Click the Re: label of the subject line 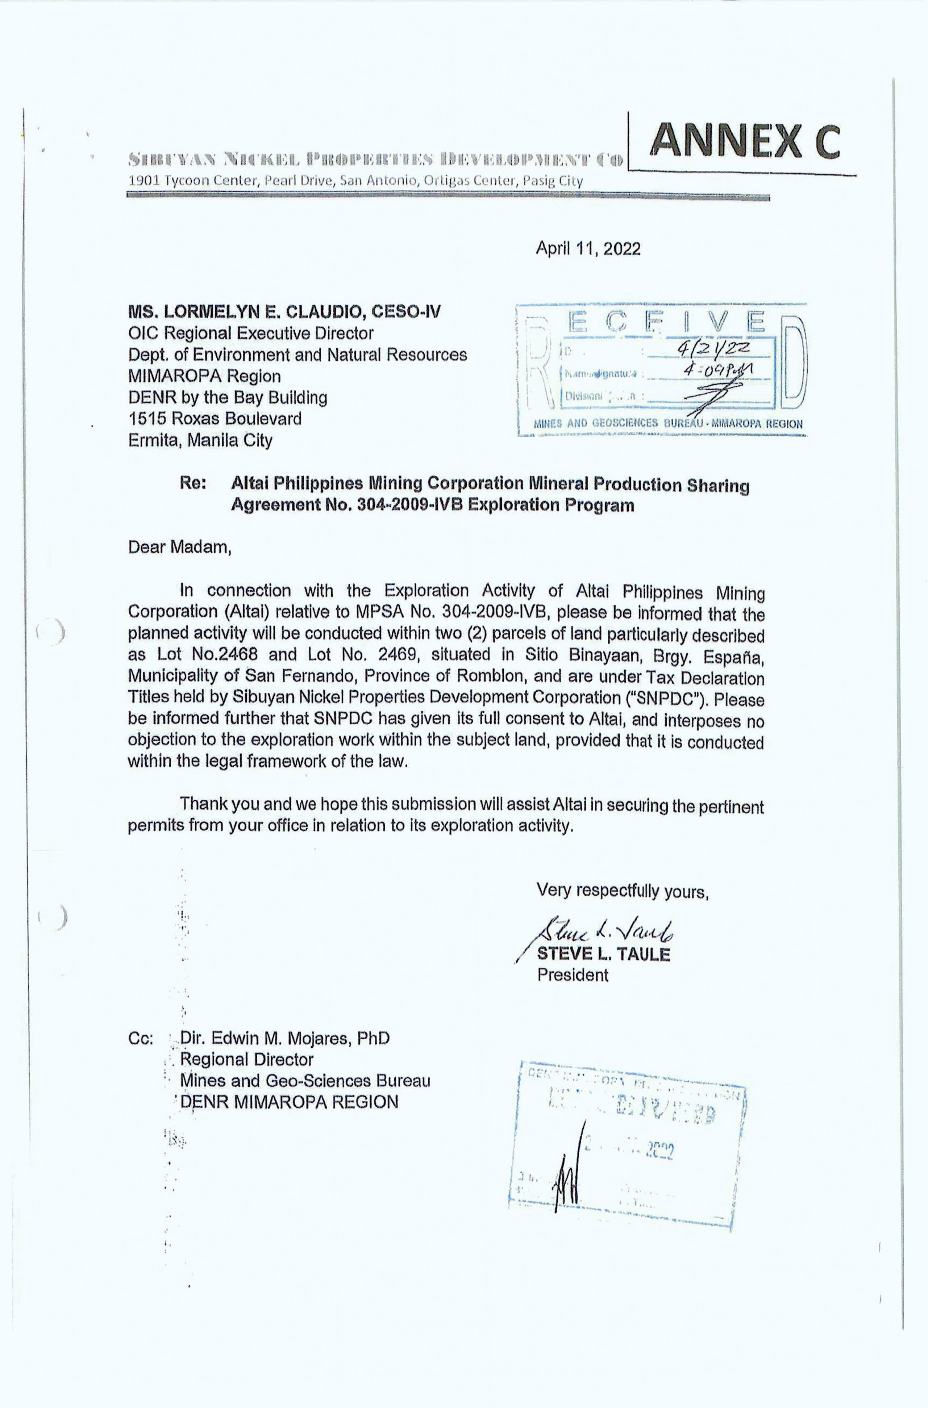pyautogui.click(x=193, y=483)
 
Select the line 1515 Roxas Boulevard pyautogui.click(x=215, y=419)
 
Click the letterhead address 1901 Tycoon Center pyautogui.click(x=355, y=181)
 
